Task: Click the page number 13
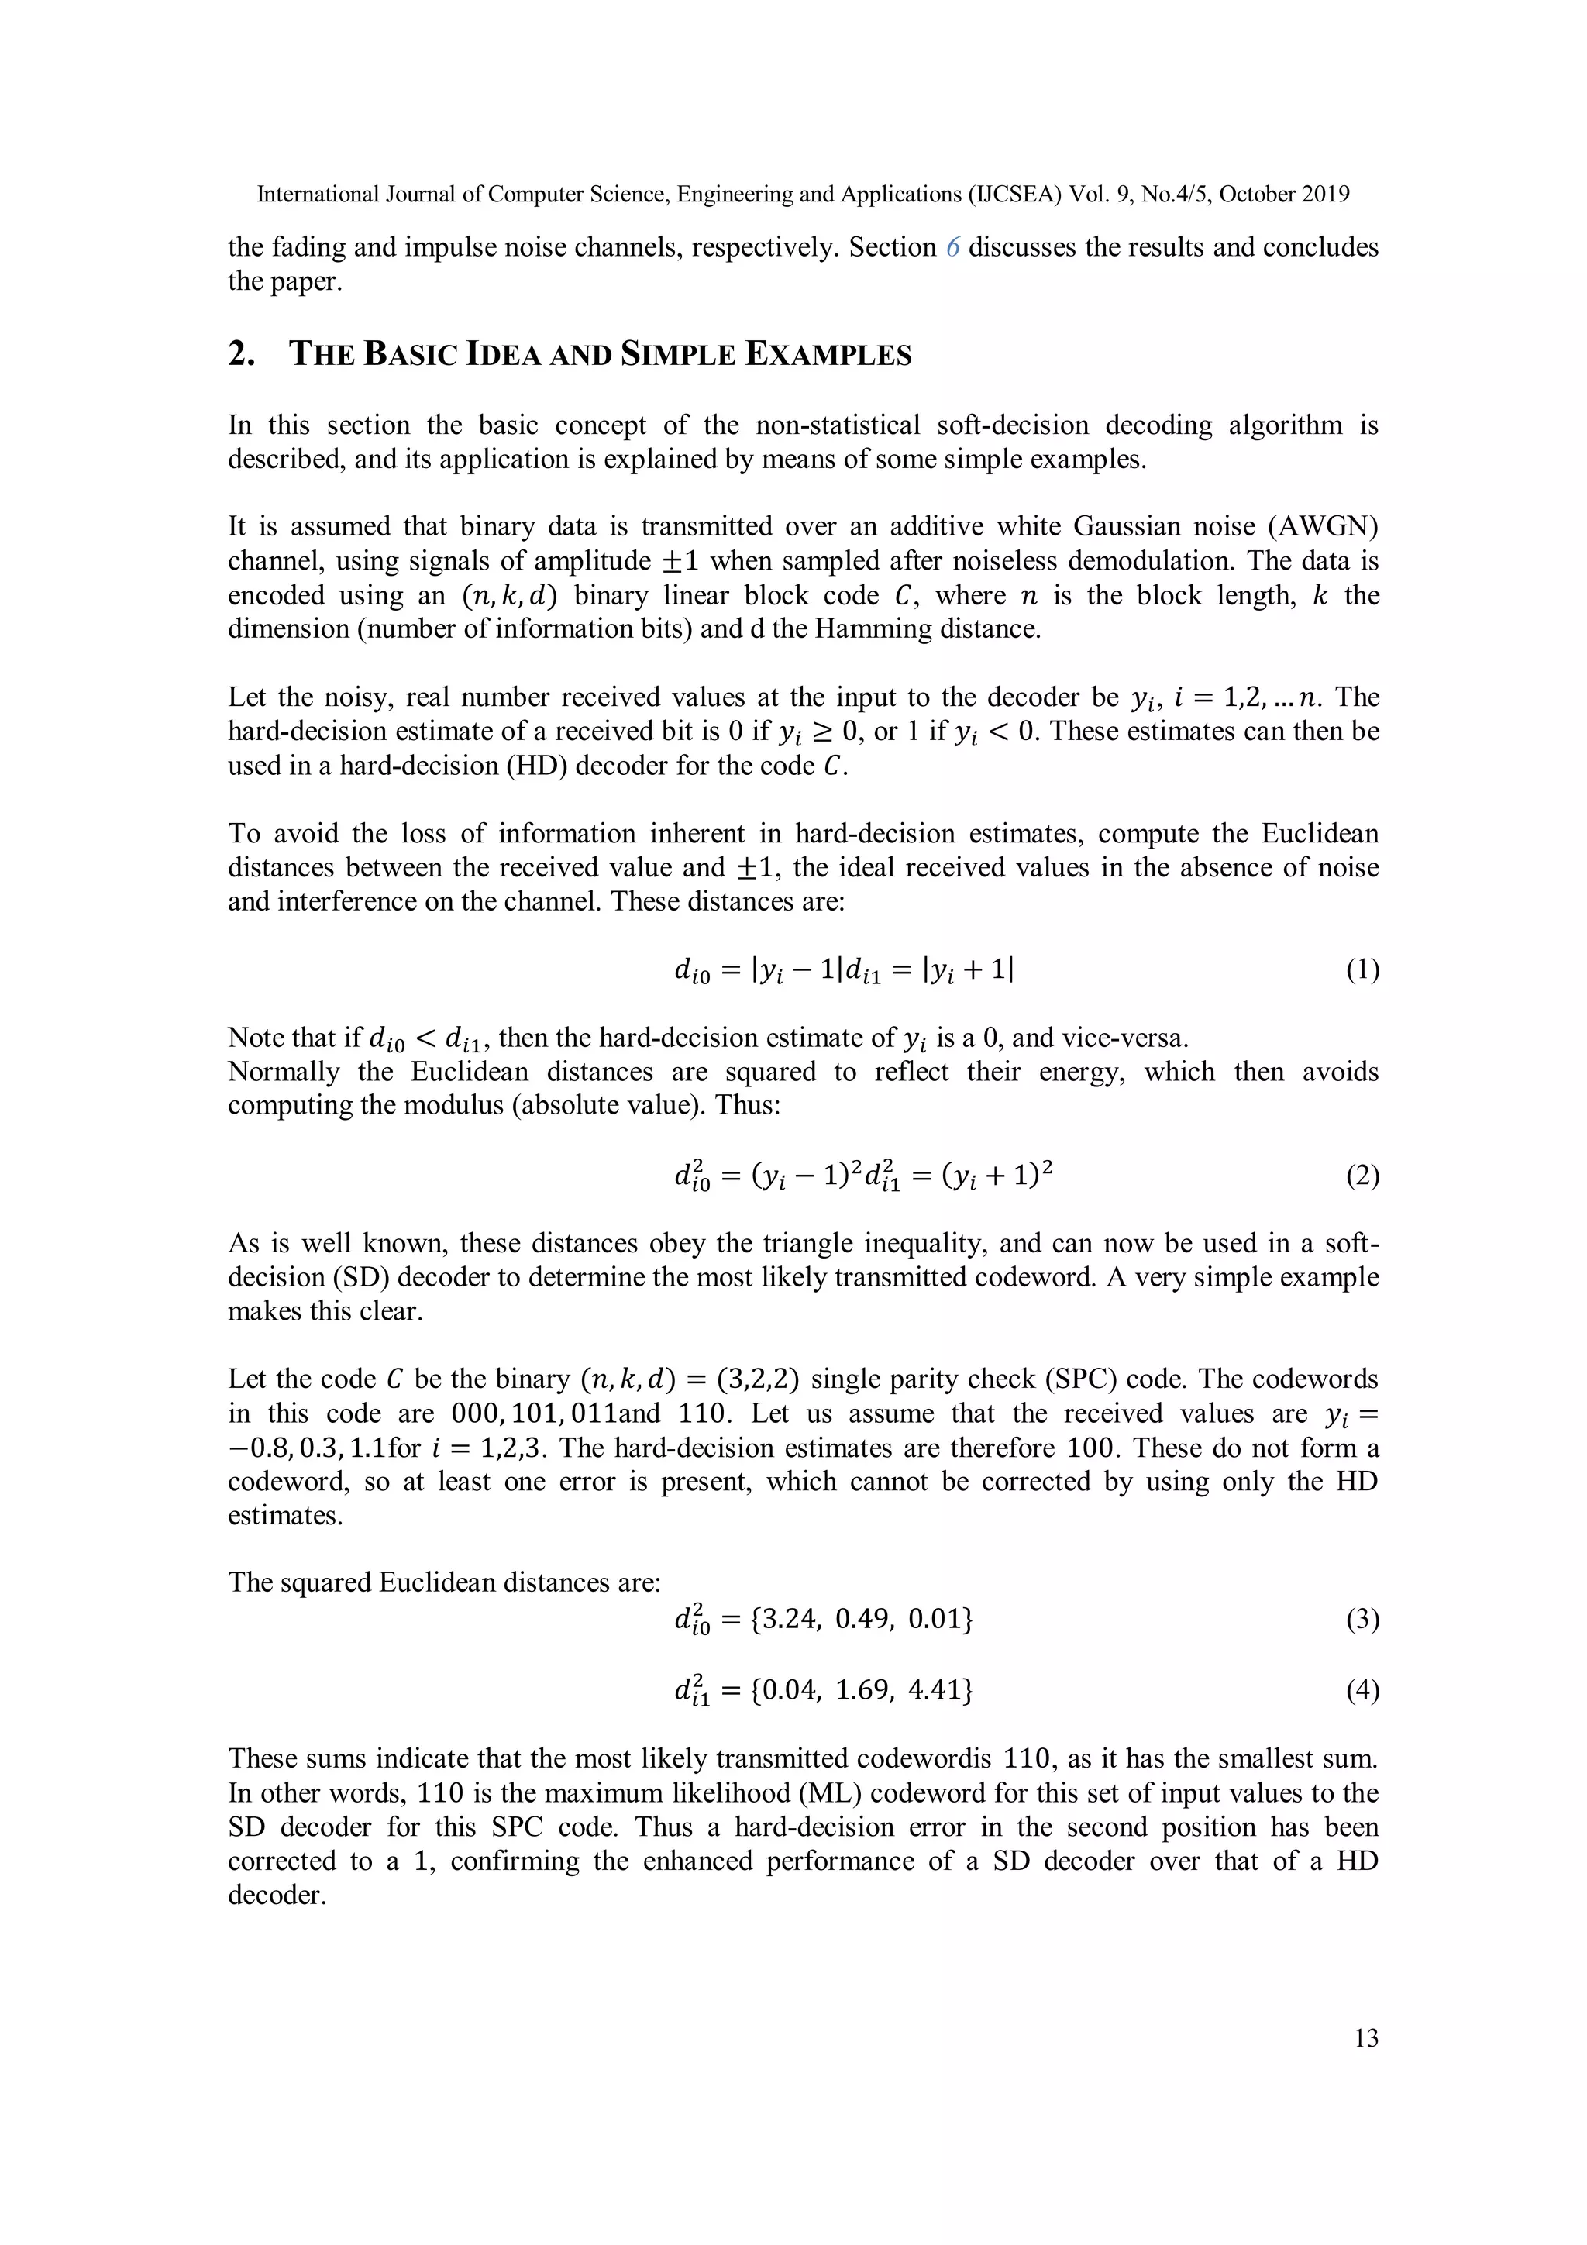1366,2038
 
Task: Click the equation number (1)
1362,970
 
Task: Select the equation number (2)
1362,1176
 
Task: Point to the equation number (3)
1362,1620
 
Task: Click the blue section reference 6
952,247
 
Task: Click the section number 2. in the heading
242,354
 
